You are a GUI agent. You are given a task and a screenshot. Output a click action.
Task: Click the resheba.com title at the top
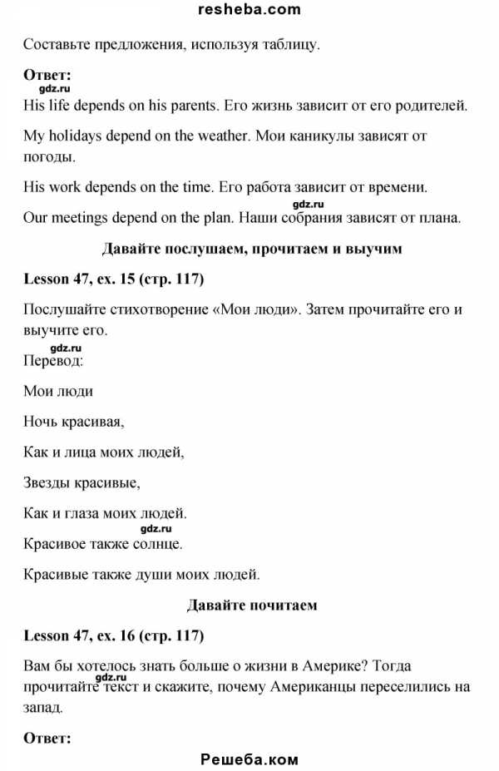click(249, 10)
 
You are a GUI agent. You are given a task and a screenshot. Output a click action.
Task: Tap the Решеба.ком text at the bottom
click(249, 759)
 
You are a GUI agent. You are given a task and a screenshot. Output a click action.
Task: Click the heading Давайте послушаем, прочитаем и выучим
click(249, 248)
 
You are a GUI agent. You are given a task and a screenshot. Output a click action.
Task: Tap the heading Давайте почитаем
click(249, 605)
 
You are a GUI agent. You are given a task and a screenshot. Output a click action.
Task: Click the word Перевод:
click(53, 362)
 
